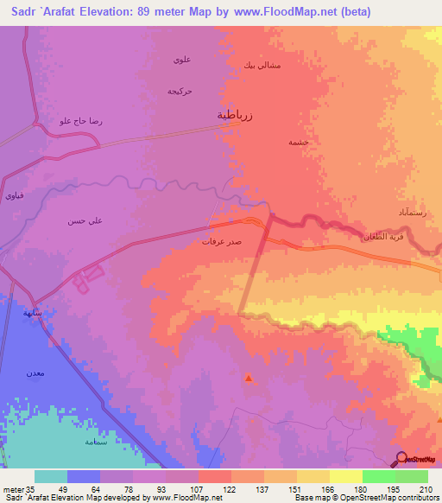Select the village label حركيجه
(180, 90)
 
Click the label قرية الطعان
(377, 235)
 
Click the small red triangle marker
(249, 378)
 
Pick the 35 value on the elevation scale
(32, 488)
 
